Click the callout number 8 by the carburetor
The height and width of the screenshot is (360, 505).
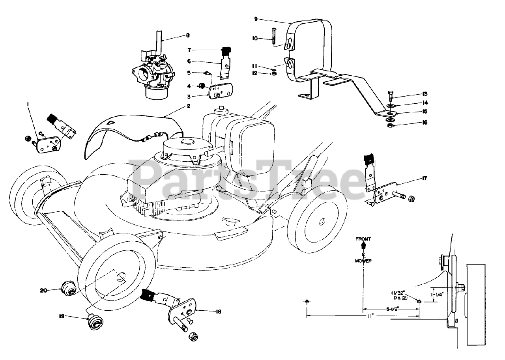coord(188,35)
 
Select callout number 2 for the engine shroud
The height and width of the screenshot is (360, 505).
coord(189,106)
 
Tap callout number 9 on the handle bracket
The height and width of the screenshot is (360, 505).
coord(256,19)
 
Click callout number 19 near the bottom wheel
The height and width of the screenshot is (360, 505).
coord(62,316)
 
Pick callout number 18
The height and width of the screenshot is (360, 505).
coord(218,311)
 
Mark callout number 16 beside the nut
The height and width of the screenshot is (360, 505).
coord(425,123)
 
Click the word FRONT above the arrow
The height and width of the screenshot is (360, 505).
coord(363,239)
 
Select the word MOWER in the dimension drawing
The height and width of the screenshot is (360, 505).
coord(363,261)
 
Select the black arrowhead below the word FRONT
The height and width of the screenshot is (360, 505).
coord(363,246)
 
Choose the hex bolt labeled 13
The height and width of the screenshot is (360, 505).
coord(390,95)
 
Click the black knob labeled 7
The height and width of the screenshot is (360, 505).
coord(226,51)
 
